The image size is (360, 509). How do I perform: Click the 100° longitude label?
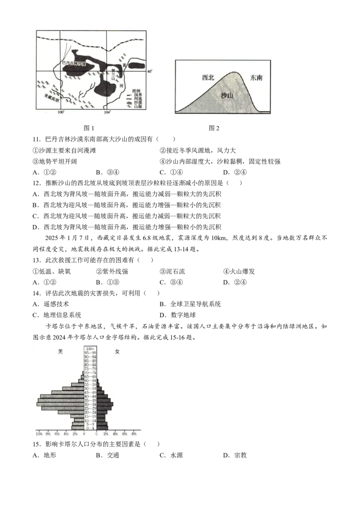(x=62, y=112)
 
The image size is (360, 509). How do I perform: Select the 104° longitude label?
(x=107, y=112)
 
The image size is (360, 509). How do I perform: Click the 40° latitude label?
(x=150, y=71)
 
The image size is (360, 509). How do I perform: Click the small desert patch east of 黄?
(x=137, y=66)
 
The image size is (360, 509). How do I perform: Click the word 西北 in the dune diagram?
(x=208, y=77)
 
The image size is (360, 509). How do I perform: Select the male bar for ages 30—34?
(x=61, y=404)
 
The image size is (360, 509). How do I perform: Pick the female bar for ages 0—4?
(x=102, y=428)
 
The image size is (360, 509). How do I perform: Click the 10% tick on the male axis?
(x=39, y=435)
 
